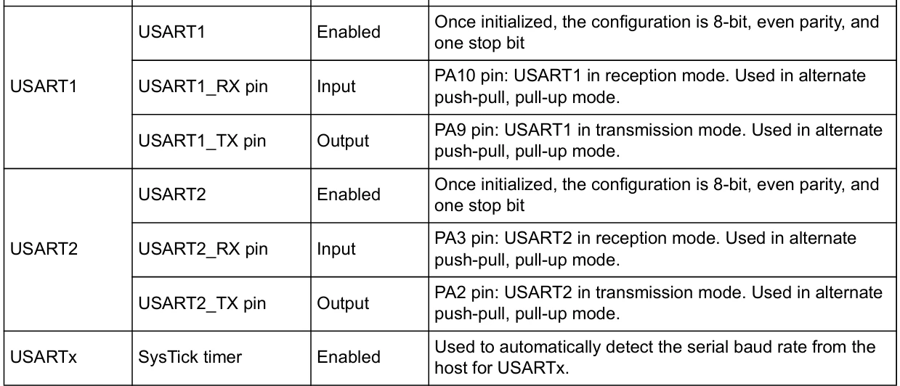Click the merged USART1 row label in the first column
[x=44, y=86]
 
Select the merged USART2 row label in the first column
[x=44, y=249]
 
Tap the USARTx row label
[x=43, y=357]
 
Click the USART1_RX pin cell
[x=203, y=86]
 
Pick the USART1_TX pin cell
[x=202, y=141]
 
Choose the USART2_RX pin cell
[x=203, y=249]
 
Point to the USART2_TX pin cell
[x=202, y=303]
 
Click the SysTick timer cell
[x=190, y=357]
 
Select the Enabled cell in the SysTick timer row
[x=349, y=357]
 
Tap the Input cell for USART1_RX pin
[x=336, y=86]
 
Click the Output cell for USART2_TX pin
[x=343, y=303]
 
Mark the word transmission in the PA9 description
[x=641, y=130]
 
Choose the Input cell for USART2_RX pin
[x=336, y=249]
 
